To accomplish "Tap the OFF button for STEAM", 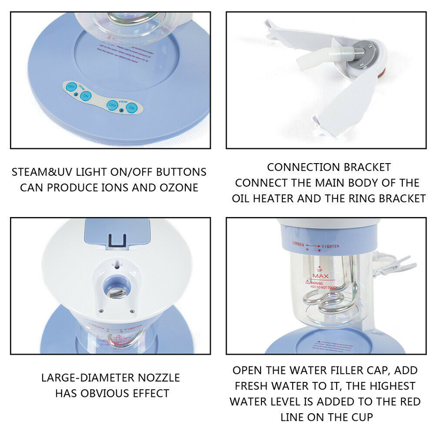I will pyautogui.click(x=111, y=105).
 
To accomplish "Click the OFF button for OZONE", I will pyautogui.click(x=71, y=86).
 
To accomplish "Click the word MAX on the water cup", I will pyautogui.click(x=320, y=276).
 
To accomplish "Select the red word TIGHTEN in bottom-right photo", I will pyautogui.click(x=333, y=246).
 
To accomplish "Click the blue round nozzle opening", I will pyautogui.click(x=116, y=288).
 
